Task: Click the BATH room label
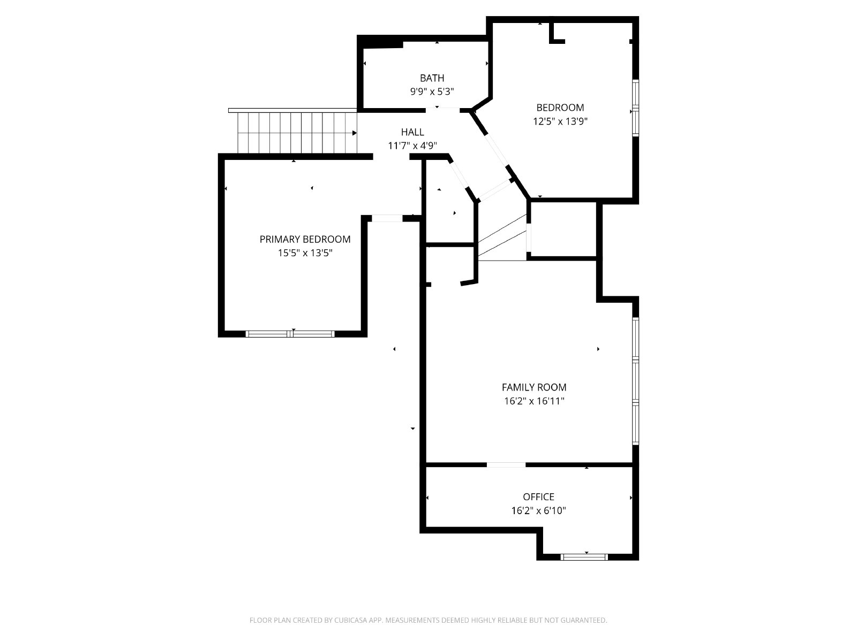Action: pyautogui.click(x=432, y=78)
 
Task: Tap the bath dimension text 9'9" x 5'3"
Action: pyautogui.click(x=432, y=91)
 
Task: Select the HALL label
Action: pyautogui.click(x=412, y=132)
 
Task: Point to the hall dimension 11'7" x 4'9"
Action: pyautogui.click(x=412, y=146)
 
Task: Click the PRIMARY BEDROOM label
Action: pyautogui.click(x=305, y=239)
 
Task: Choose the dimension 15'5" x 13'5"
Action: pyautogui.click(x=305, y=253)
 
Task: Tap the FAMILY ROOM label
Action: pyautogui.click(x=533, y=387)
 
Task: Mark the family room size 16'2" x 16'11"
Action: pyautogui.click(x=534, y=401)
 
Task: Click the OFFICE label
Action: pyautogui.click(x=538, y=497)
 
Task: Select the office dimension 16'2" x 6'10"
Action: pyautogui.click(x=538, y=510)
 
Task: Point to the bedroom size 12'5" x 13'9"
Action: pyautogui.click(x=560, y=121)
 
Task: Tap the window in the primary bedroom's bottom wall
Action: pyautogui.click(x=290, y=334)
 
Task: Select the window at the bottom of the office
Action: pyautogui.click(x=584, y=557)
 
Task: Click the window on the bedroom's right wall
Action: pyautogui.click(x=636, y=108)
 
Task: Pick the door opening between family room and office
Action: pyautogui.click(x=506, y=464)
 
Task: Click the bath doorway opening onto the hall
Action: pyautogui.click(x=442, y=110)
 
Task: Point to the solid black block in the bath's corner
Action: pyautogui.click(x=380, y=41)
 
